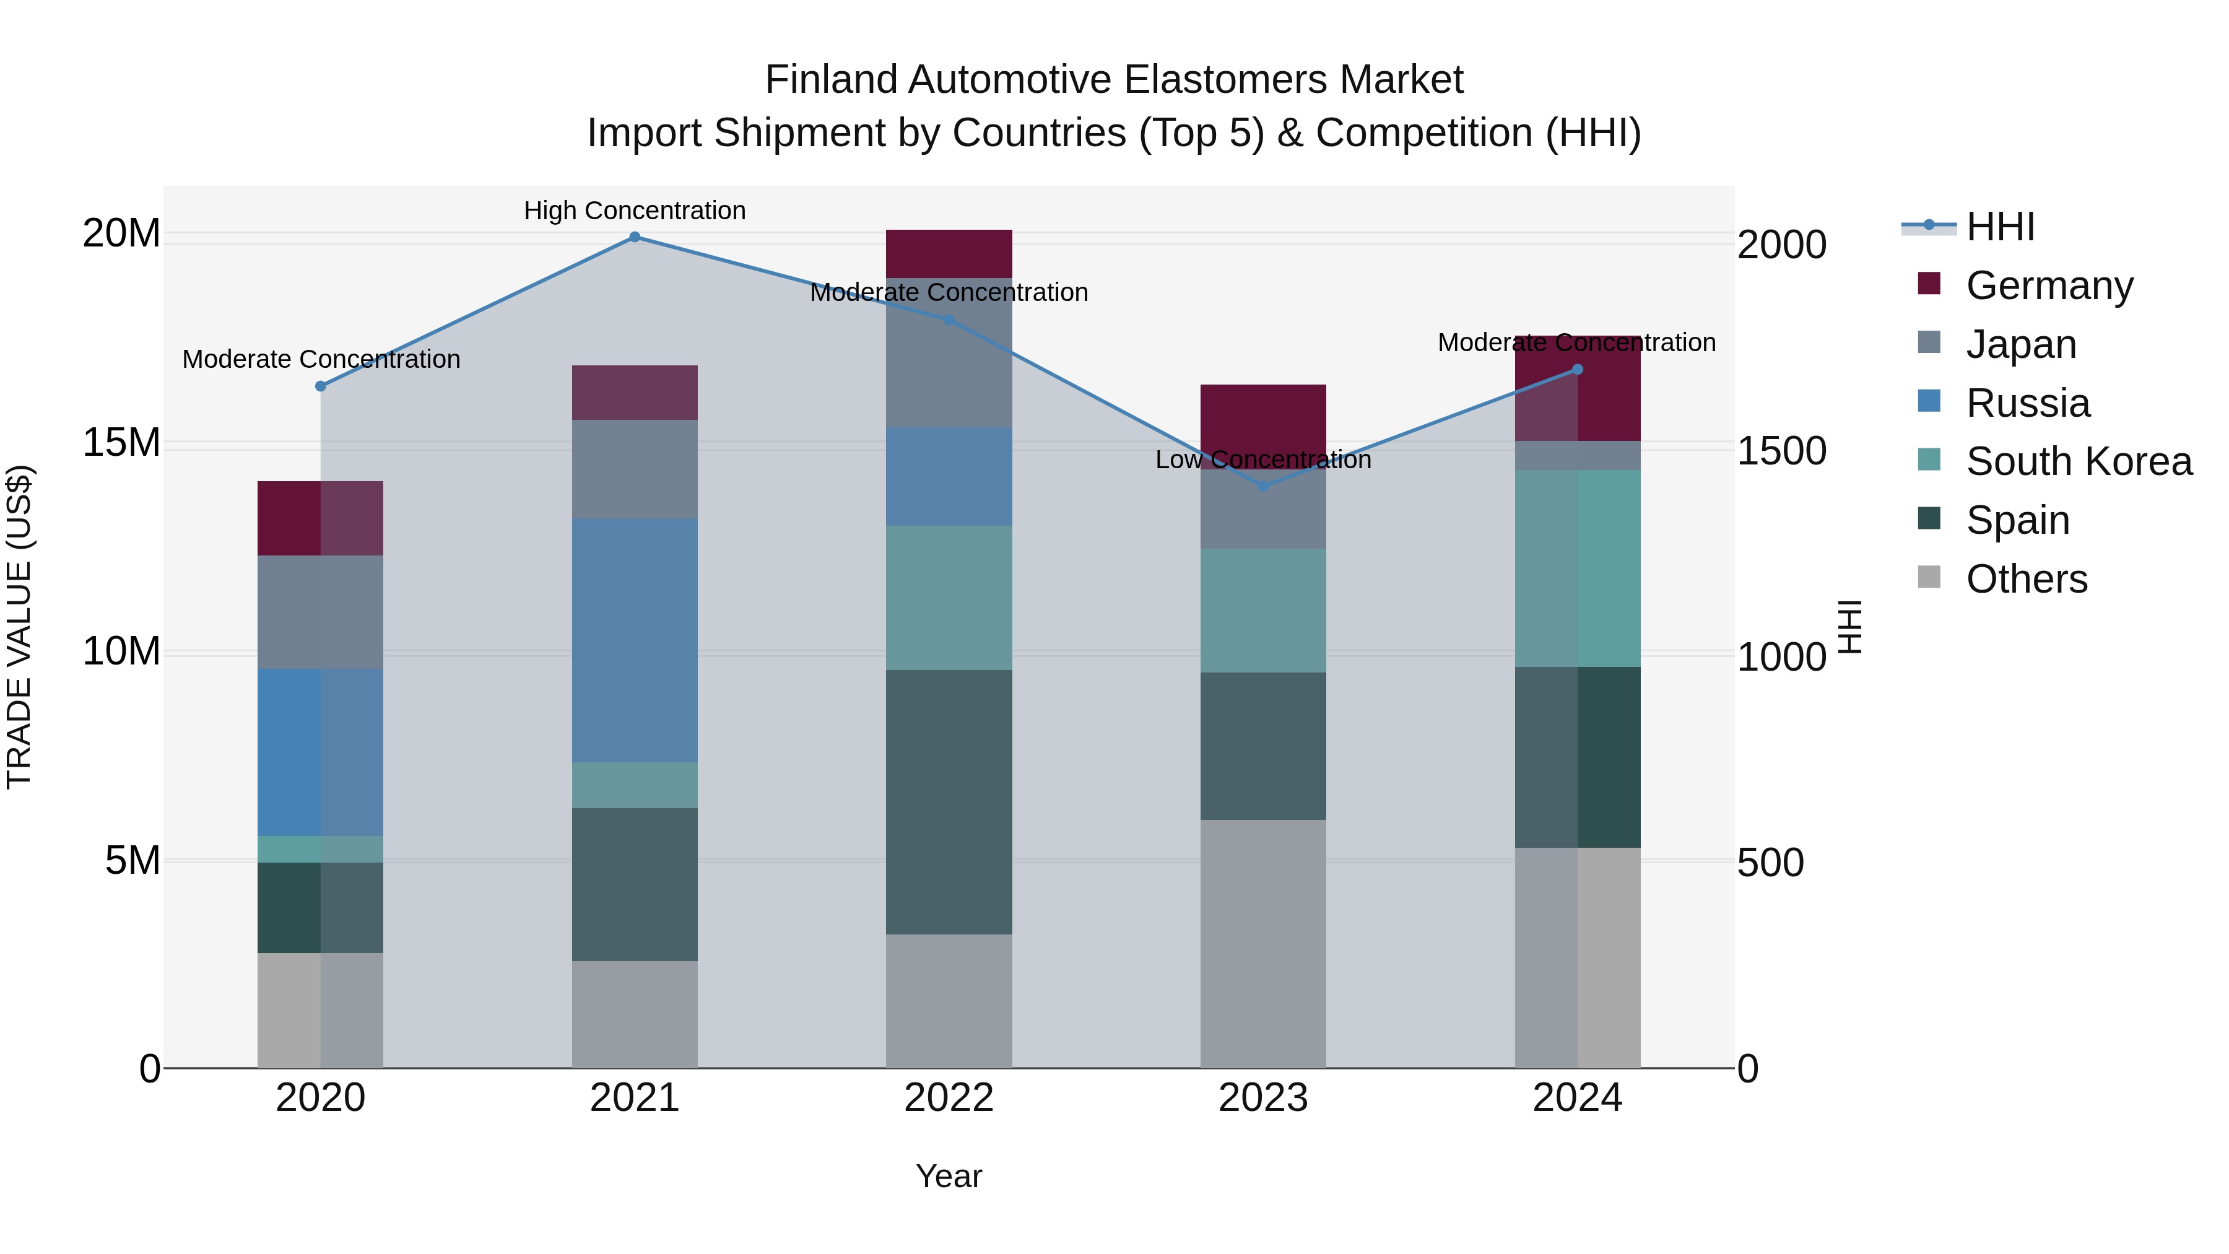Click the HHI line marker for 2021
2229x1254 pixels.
coord(634,237)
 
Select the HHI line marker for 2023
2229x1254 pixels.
coord(1263,486)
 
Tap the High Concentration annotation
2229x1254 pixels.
coord(634,211)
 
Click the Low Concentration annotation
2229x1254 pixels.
coord(1263,459)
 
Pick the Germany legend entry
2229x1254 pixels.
coord(2049,285)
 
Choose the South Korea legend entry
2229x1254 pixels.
coord(2079,461)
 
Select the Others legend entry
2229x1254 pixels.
coord(2027,579)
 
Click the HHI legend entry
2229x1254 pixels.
coord(2000,227)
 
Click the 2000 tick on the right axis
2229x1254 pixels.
coord(1781,245)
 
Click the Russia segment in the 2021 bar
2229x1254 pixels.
coord(634,640)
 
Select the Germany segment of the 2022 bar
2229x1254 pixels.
coord(949,253)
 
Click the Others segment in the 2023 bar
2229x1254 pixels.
coord(1263,943)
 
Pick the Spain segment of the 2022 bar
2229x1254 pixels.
coord(949,802)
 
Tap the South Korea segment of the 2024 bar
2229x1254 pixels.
coord(1578,568)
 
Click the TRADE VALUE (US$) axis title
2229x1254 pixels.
coord(19,627)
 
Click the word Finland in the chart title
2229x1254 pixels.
coord(832,81)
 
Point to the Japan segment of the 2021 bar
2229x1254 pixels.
coord(634,469)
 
